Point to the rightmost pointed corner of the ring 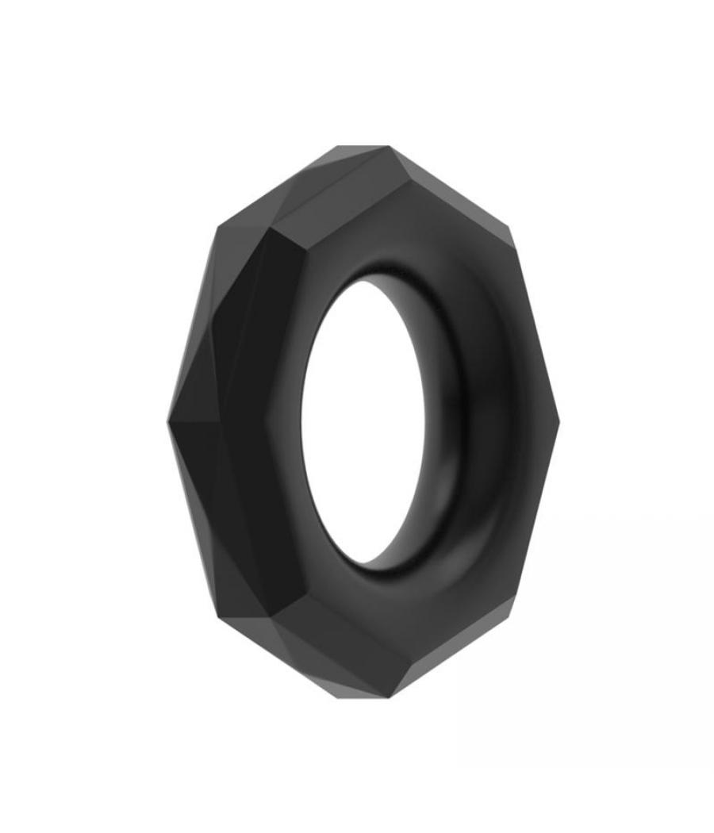point(559,420)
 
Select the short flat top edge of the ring point(363,147)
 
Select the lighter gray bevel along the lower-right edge point(468,654)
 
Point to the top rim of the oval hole point(389,267)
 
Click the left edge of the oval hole point(302,420)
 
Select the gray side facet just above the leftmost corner point(190,349)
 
